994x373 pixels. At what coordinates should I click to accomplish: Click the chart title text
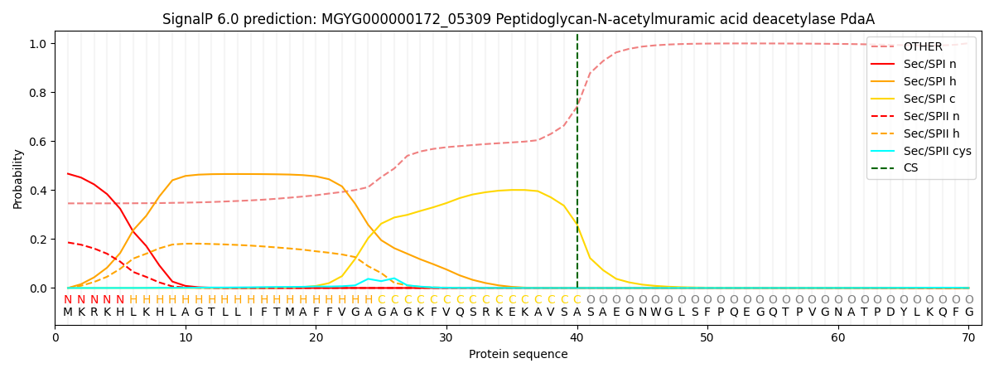pos(518,19)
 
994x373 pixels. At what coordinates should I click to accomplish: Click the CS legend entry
pos(910,168)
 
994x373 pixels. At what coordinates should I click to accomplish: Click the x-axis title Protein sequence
pos(518,355)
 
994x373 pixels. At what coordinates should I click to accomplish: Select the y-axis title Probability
pos(17,178)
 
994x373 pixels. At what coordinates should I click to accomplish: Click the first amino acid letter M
pos(68,312)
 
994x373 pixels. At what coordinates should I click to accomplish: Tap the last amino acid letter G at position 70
pos(968,312)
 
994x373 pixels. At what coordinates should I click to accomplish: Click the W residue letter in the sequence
pos(655,312)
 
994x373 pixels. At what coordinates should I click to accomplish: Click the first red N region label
pos(68,300)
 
